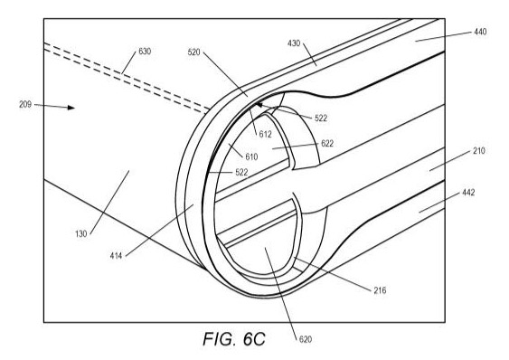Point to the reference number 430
tap(296, 43)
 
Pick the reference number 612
tap(265, 134)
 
